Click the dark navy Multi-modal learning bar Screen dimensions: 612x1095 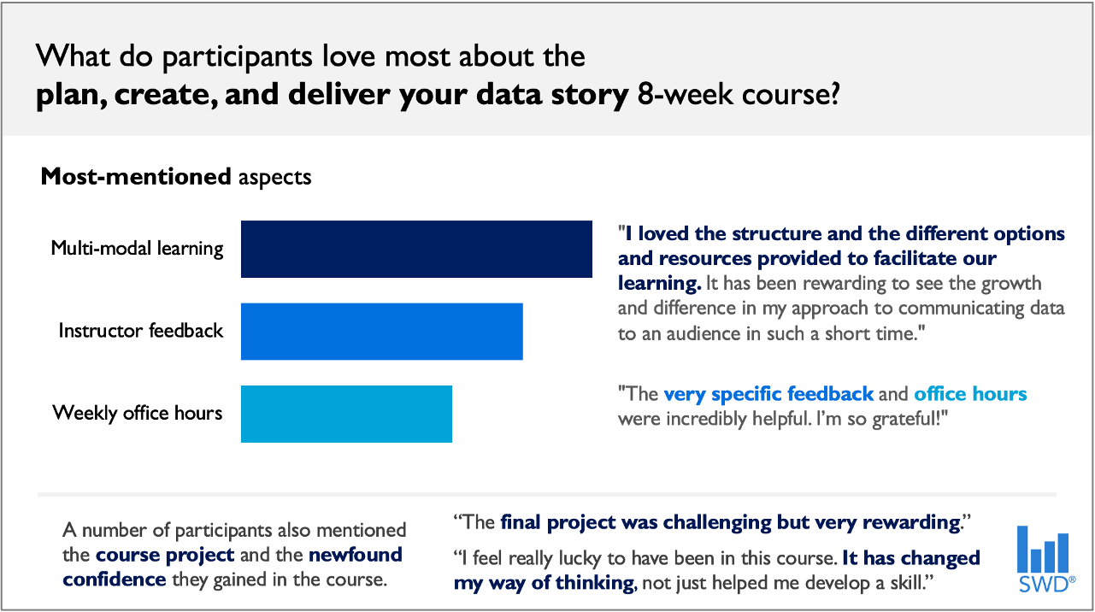(x=416, y=249)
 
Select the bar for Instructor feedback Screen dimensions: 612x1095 (x=381, y=331)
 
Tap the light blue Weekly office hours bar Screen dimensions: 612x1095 (x=346, y=414)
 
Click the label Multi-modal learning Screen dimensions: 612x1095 (x=137, y=249)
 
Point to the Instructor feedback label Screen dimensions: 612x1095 (x=140, y=331)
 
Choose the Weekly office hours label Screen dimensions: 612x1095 (x=137, y=413)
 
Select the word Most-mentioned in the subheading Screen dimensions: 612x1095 (x=136, y=177)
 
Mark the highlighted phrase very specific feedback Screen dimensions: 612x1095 (x=768, y=394)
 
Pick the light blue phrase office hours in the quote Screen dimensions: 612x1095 (x=970, y=394)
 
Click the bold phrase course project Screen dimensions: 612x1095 (x=165, y=555)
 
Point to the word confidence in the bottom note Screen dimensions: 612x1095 (x=115, y=580)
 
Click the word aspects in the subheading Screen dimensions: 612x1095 (x=274, y=177)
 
